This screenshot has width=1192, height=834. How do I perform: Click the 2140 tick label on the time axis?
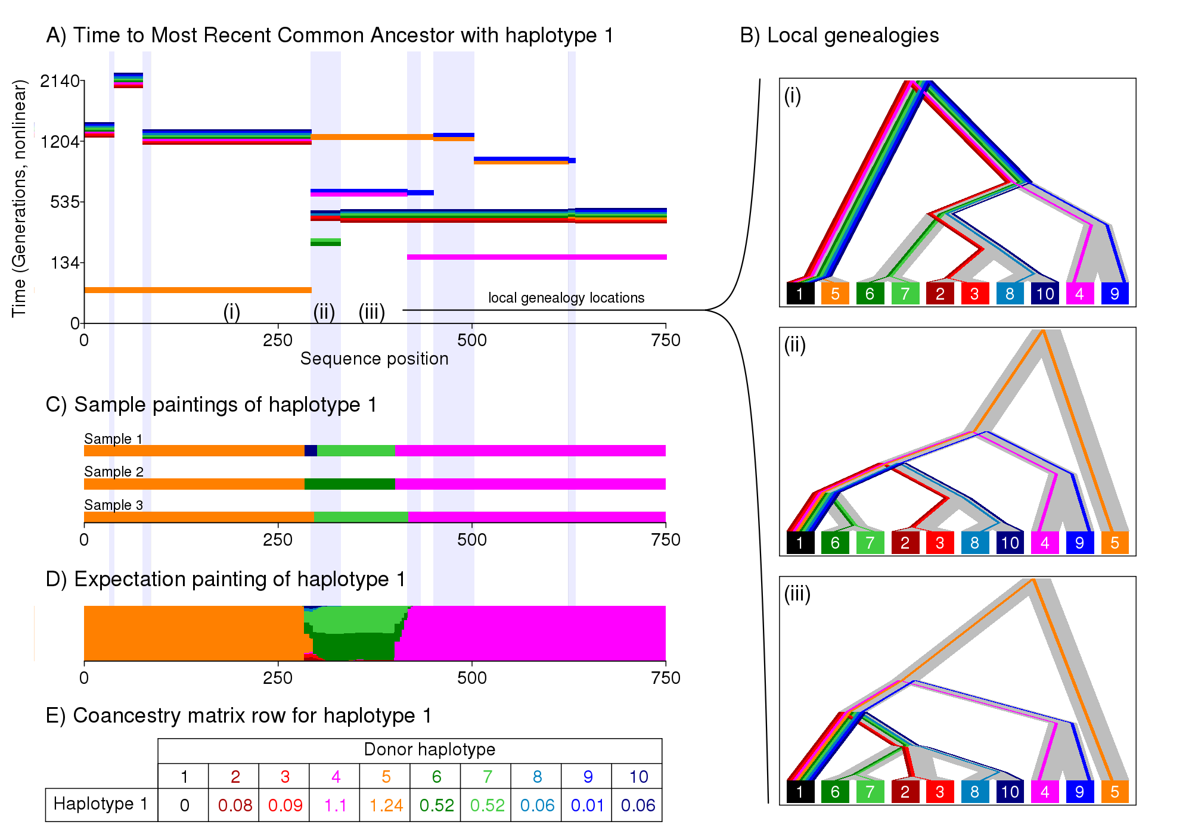pyautogui.click(x=60, y=81)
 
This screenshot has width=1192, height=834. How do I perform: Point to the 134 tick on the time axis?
pyautogui.click(x=65, y=263)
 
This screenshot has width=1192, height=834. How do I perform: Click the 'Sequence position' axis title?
pyautogui.click(x=374, y=359)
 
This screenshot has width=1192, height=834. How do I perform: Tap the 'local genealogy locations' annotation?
pyautogui.click(x=566, y=298)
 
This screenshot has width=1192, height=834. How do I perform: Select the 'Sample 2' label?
pyautogui.click(x=114, y=472)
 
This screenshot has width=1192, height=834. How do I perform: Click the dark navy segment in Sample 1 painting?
pyautogui.click(x=311, y=451)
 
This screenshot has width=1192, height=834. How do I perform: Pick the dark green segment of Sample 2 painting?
pyautogui.click(x=350, y=484)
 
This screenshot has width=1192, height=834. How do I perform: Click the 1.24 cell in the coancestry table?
pyautogui.click(x=386, y=805)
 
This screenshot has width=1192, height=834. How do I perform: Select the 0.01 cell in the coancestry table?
pyautogui.click(x=587, y=805)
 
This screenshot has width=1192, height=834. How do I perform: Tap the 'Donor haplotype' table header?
pyautogui.click(x=429, y=749)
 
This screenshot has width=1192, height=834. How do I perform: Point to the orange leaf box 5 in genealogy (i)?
pyautogui.click(x=835, y=294)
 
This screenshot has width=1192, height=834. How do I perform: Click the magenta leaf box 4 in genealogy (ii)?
pyautogui.click(x=1044, y=543)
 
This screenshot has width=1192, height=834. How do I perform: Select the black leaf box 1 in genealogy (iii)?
pyautogui.click(x=800, y=792)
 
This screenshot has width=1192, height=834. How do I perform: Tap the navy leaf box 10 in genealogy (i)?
pyautogui.click(x=1045, y=294)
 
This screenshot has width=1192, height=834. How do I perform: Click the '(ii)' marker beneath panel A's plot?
pyautogui.click(x=324, y=312)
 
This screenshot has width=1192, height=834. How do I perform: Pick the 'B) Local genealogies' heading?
pyautogui.click(x=839, y=36)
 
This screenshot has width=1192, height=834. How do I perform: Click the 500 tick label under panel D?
pyautogui.click(x=472, y=678)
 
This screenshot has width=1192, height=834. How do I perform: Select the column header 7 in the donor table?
pyautogui.click(x=487, y=777)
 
